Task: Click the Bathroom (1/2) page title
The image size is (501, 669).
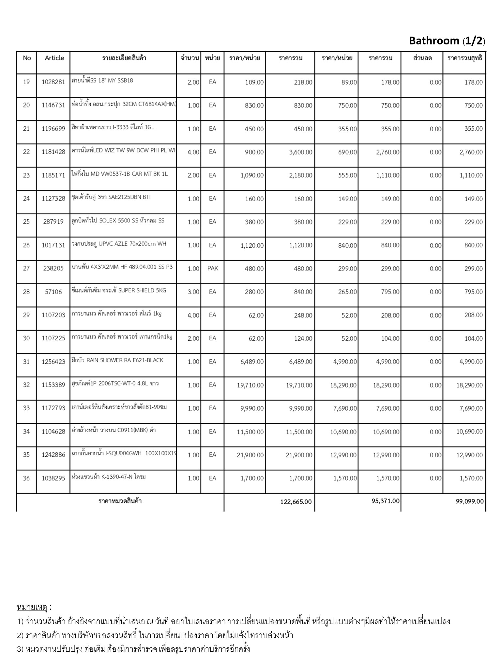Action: click(x=447, y=41)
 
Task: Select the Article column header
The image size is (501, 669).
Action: click(x=54, y=58)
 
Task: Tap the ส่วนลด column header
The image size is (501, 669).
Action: click(x=422, y=58)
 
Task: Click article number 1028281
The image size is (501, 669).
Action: click(x=53, y=82)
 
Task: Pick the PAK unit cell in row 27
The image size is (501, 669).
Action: click(x=212, y=269)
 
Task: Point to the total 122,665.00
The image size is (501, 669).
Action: click(x=296, y=501)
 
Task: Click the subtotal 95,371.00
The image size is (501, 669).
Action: click(x=386, y=501)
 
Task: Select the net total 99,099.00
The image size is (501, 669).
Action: click(x=470, y=501)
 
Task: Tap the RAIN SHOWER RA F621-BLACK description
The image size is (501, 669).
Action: click(x=117, y=360)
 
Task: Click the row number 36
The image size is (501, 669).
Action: click(x=26, y=478)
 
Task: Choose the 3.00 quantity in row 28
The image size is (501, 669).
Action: click(x=193, y=292)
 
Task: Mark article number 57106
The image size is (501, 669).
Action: click(x=53, y=292)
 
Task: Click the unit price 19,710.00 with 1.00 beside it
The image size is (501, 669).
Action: click(x=250, y=385)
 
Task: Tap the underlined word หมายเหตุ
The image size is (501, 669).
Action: click(x=32, y=608)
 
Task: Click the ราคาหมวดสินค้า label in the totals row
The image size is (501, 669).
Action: click(x=120, y=501)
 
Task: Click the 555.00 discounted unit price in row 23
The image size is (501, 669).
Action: click(x=347, y=175)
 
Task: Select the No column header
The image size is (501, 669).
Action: click(x=27, y=58)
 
